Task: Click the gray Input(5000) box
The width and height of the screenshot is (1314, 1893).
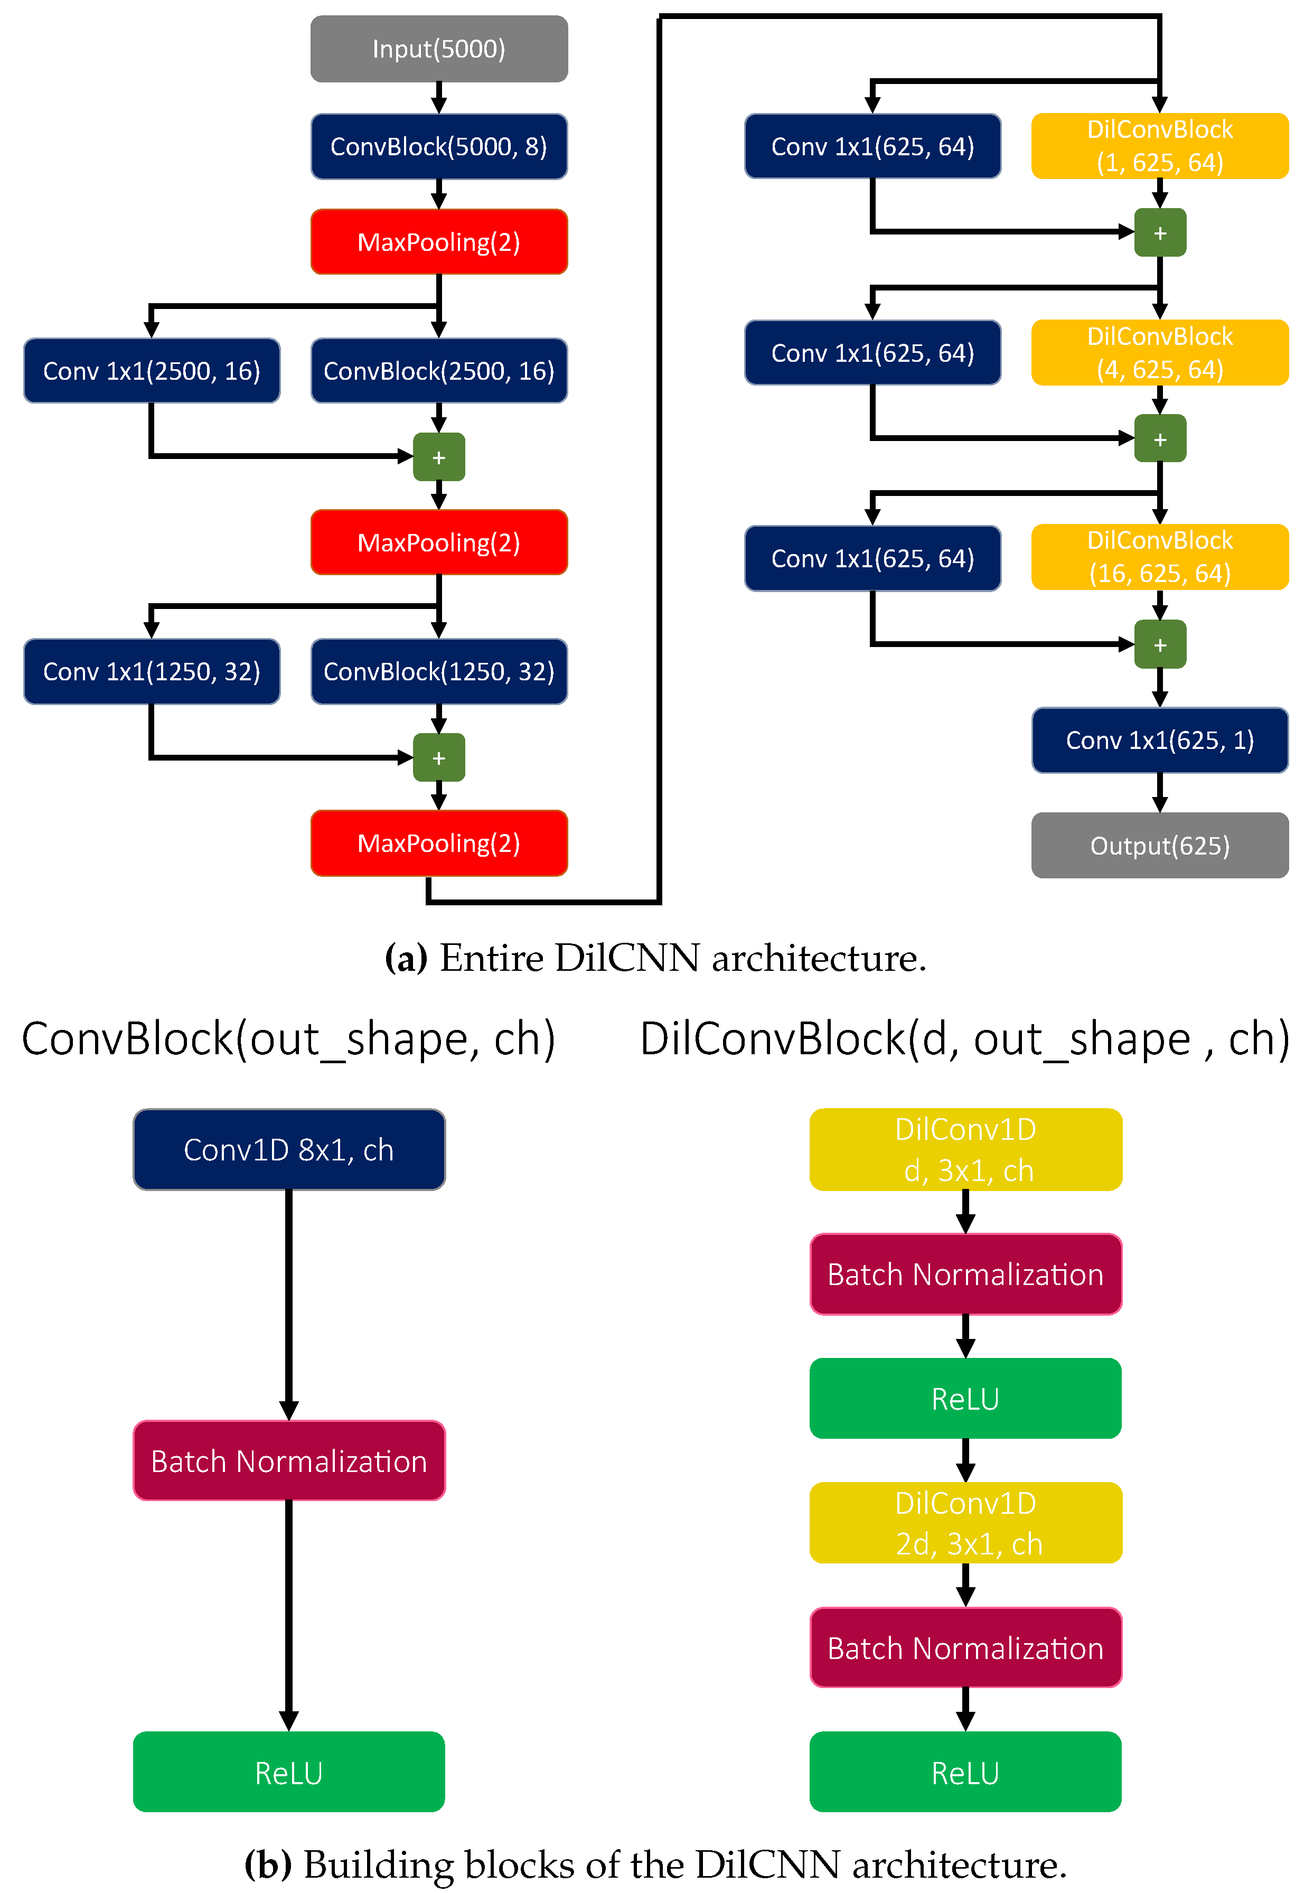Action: (x=439, y=49)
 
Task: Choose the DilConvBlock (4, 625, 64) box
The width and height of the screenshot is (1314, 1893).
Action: (x=1159, y=352)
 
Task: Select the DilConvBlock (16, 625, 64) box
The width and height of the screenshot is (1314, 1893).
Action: (x=1159, y=557)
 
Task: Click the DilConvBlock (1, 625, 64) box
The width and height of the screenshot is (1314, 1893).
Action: (x=1159, y=146)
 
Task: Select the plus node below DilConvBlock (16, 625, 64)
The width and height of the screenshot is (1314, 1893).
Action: (x=1159, y=645)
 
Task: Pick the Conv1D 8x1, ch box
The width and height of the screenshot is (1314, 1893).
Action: (x=289, y=1149)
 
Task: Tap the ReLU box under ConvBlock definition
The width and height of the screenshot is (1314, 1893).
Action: (x=289, y=1772)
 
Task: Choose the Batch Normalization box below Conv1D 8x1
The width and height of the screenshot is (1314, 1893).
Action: (x=289, y=1461)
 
